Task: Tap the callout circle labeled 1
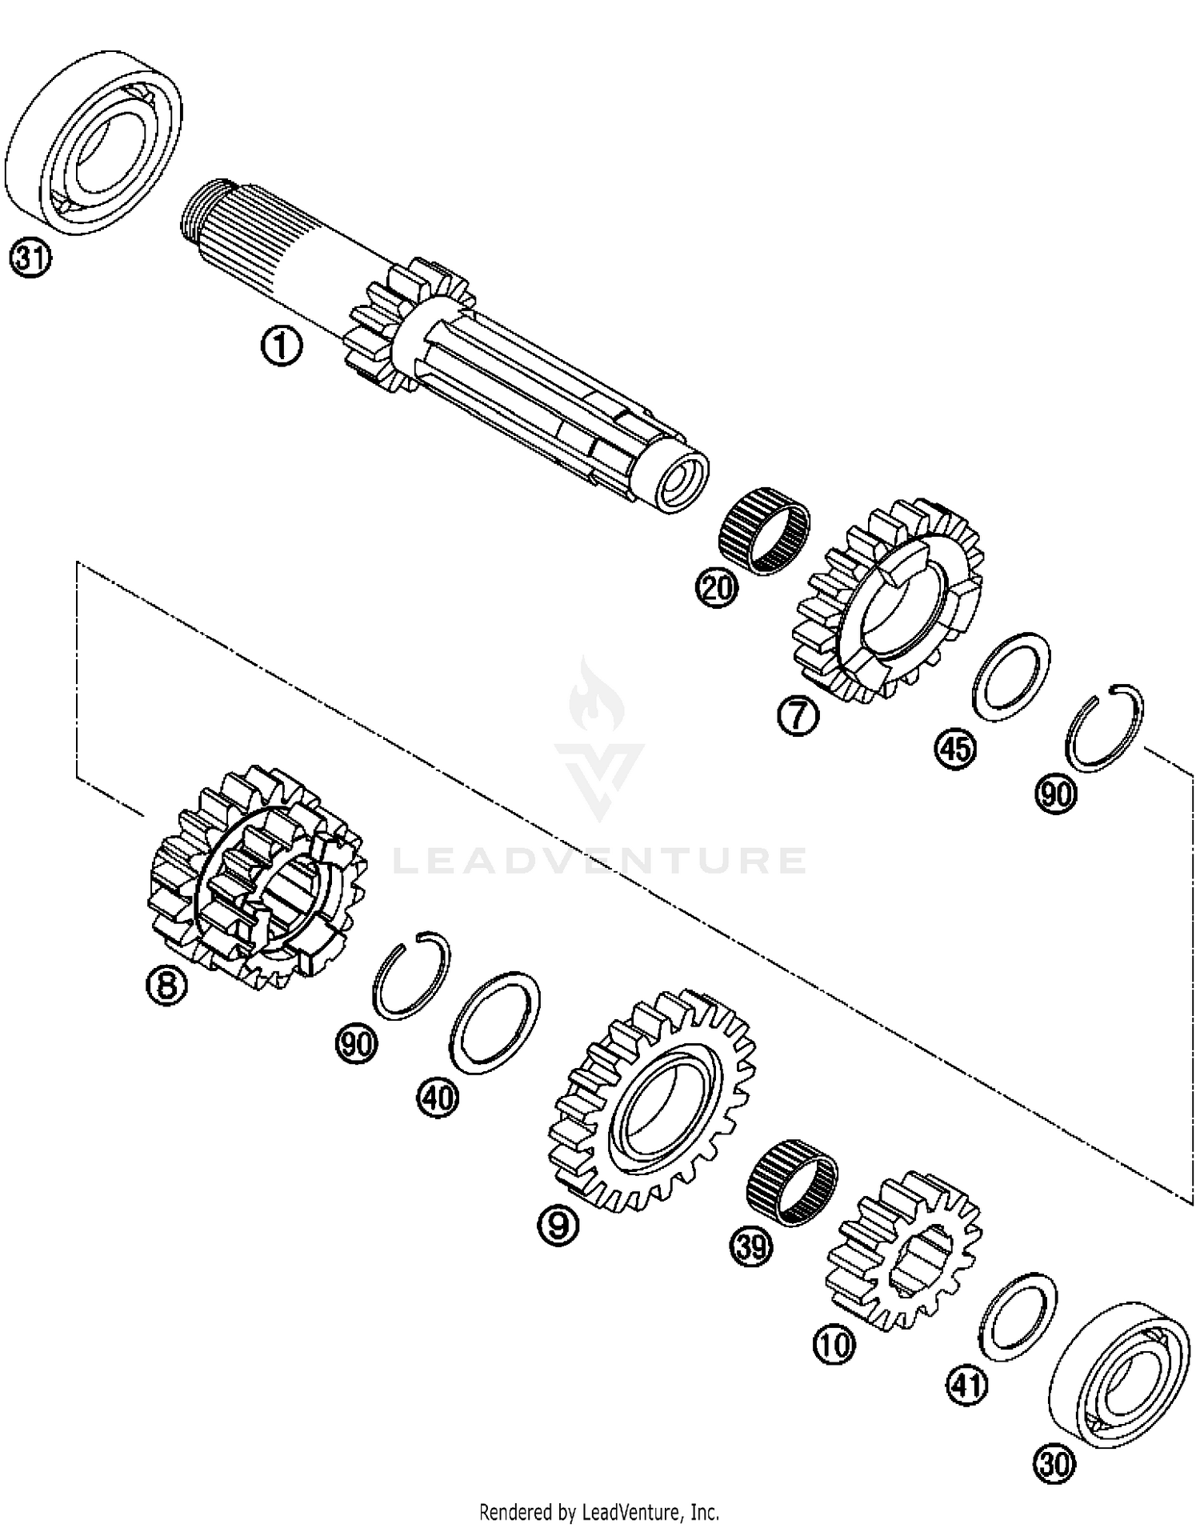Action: (x=281, y=348)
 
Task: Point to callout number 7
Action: (x=798, y=716)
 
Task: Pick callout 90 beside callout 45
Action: (x=1056, y=794)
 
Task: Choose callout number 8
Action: (x=166, y=985)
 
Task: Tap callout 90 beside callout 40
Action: (x=356, y=1043)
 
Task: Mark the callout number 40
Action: (x=438, y=1098)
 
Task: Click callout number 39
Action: (x=752, y=1247)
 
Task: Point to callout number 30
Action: (x=1054, y=1464)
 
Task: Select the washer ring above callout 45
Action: (x=1011, y=670)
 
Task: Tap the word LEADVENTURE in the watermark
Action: (x=600, y=860)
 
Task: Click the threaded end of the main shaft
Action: (x=192, y=210)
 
